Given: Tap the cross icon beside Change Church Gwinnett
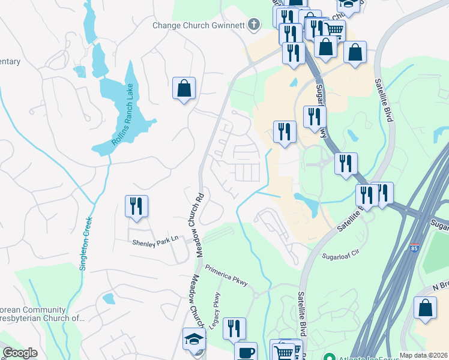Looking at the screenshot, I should [x=255, y=25].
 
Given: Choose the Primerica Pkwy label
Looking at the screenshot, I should [x=226, y=275].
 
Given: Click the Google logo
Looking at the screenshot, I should [x=20, y=353].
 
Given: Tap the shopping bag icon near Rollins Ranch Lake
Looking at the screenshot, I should [x=184, y=88].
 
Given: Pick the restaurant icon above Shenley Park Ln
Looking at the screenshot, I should [x=136, y=206].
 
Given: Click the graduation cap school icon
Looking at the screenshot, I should [x=194, y=340].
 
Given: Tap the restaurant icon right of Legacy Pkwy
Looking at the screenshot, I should [x=234, y=329].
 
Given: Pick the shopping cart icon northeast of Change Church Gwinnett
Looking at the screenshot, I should [x=336, y=30].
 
